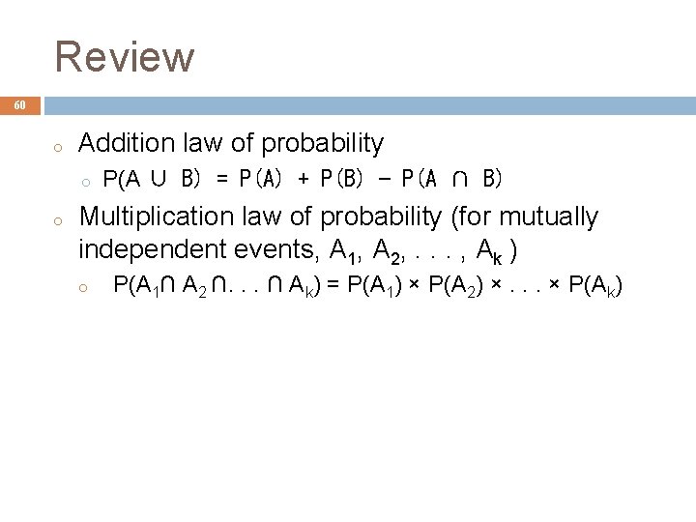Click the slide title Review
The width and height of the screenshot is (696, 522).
125,57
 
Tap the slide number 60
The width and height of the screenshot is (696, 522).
20,105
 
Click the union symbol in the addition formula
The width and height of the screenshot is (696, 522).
159,179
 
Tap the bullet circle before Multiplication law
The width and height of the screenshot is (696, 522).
58,221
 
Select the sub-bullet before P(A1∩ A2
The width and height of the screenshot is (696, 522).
85,287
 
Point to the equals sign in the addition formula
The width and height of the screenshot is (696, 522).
223,179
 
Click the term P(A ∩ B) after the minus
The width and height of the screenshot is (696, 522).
450,179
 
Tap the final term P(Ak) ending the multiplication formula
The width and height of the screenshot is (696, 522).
595,285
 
